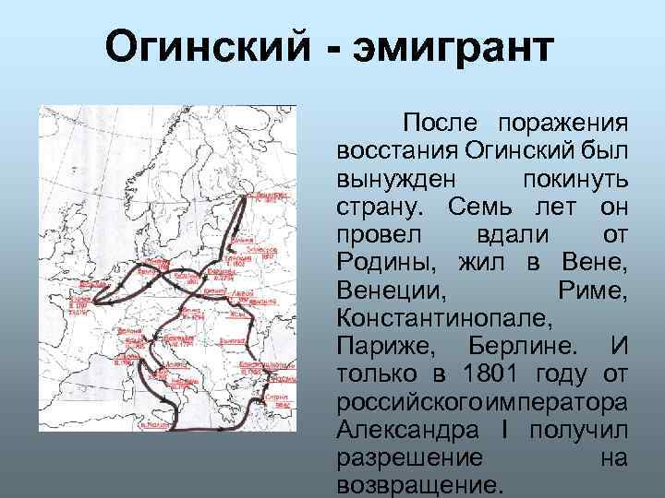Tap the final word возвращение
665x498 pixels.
coord(420,483)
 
